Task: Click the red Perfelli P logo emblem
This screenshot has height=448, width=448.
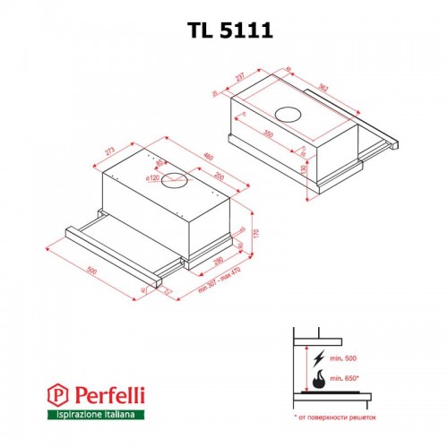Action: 56,392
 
